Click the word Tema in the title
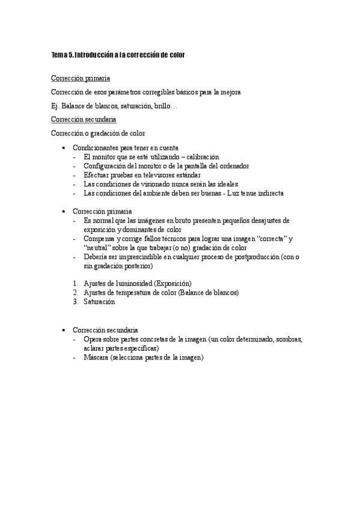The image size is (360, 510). coord(59,55)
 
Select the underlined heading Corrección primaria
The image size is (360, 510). coord(81,78)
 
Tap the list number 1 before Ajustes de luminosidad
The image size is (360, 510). coord(74,283)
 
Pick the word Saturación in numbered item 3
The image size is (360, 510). coord(99,301)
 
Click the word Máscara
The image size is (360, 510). coord(99,357)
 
